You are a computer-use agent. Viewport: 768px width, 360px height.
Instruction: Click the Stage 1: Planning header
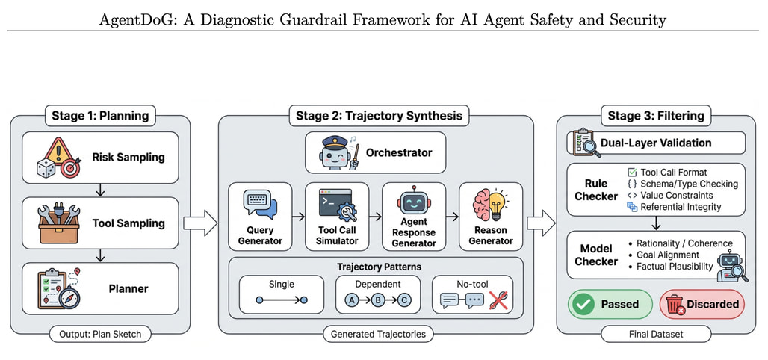[100, 115]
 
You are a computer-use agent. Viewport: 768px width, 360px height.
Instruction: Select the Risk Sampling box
[100, 158]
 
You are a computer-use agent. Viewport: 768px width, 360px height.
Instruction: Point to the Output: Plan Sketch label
[100, 334]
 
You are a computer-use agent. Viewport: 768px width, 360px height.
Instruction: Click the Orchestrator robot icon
[334, 152]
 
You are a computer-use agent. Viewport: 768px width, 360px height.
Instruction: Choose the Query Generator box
[260, 216]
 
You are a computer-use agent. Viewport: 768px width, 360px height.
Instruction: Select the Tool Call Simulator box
[337, 216]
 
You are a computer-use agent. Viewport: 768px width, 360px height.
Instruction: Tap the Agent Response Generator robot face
[414, 203]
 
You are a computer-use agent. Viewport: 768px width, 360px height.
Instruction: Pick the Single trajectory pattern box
[282, 294]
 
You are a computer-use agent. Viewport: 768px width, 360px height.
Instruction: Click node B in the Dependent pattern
[377, 300]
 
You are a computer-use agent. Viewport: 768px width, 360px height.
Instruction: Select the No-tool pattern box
[473, 294]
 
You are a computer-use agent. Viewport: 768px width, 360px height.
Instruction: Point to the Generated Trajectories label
[378, 334]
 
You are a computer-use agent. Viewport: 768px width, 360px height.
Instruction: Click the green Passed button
[610, 304]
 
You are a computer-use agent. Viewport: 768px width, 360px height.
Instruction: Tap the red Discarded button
[702, 304]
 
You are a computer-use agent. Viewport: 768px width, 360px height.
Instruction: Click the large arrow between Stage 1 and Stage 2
[199, 222]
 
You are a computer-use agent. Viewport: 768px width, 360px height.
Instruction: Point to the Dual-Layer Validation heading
[656, 142]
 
